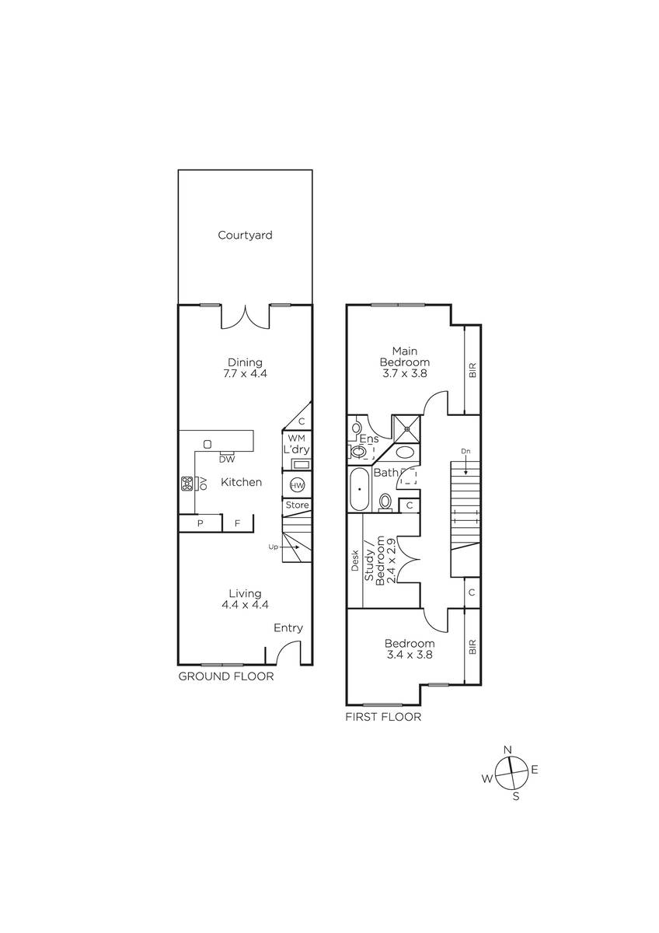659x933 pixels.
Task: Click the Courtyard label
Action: coord(246,236)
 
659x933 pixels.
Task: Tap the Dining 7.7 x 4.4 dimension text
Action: coord(246,373)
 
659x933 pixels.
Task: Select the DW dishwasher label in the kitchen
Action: coord(227,460)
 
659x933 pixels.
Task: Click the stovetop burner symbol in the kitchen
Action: coord(187,483)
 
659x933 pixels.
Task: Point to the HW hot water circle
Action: coord(297,485)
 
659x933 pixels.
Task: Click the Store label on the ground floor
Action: coord(297,505)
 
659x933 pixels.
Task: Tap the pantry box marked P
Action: coord(200,522)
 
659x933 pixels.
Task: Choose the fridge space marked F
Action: coord(238,523)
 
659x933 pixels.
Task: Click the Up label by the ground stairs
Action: coord(273,547)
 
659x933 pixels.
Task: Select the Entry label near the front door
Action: coord(288,628)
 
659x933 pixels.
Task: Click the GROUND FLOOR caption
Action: coord(226,676)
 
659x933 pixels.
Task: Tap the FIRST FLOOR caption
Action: coord(383,717)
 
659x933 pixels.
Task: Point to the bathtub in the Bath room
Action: coord(360,489)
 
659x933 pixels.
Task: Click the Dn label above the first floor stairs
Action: coord(465,451)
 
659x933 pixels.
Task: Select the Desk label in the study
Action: coord(355,561)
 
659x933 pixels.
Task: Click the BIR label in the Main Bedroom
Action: coord(472,370)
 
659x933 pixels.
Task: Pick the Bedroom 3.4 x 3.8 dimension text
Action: coord(410,655)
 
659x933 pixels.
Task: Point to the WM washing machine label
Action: coord(296,439)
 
